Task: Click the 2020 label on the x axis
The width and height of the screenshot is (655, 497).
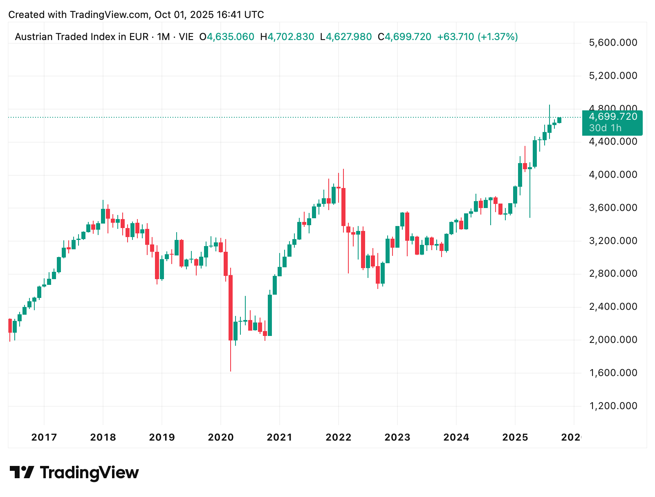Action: click(221, 437)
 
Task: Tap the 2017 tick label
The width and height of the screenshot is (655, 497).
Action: click(44, 437)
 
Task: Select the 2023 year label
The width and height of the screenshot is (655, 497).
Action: click(397, 437)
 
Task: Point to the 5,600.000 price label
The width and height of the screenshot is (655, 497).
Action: click(613, 43)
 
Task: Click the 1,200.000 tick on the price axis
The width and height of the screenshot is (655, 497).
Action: click(613, 406)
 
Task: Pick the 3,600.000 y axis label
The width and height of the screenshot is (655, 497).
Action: click(613, 208)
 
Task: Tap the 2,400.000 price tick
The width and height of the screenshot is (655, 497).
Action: click(613, 307)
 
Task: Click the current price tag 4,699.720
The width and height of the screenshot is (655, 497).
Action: click(613, 117)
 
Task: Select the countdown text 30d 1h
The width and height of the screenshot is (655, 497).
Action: click(605, 128)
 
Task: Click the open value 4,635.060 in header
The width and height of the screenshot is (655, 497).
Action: click(230, 37)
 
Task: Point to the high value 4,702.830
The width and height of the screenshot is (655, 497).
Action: click(291, 37)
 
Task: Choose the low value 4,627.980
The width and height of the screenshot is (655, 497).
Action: click(349, 37)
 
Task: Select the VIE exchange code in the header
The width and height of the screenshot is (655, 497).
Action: click(186, 37)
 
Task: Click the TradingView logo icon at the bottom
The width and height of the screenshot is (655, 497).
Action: click(22, 472)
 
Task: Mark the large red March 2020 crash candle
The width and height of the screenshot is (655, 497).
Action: click(231, 307)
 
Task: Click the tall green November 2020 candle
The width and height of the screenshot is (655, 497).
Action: click(270, 315)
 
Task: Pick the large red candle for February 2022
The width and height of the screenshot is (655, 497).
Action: click(343, 206)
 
